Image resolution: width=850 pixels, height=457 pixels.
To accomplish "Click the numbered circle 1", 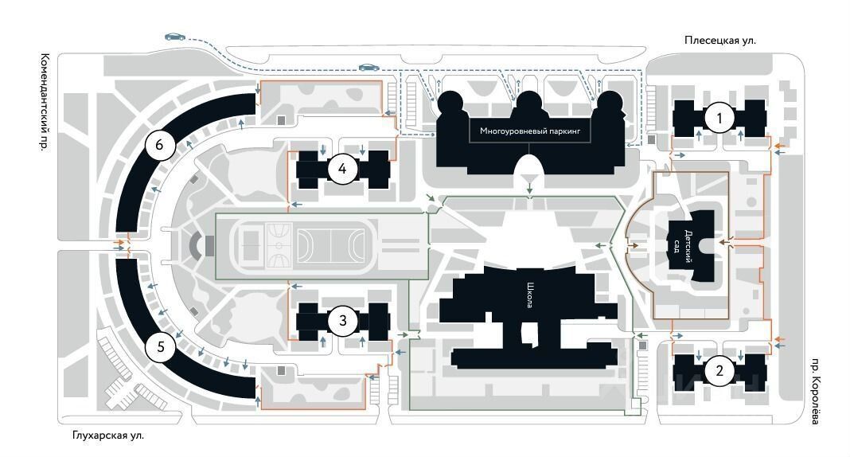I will tap(720, 119).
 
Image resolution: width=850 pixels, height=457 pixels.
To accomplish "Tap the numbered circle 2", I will tap(720, 369).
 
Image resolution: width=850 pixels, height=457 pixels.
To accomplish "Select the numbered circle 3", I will tap(343, 321).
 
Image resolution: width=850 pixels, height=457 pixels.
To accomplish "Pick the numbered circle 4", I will tap(342, 169).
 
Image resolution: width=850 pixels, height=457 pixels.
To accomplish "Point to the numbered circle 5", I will tap(161, 347).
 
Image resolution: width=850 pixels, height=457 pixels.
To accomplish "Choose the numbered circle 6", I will tap(160, 145).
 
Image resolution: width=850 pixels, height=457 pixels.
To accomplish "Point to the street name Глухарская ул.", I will tap(107, 436).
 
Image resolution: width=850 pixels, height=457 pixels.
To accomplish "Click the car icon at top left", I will tap(175, 37).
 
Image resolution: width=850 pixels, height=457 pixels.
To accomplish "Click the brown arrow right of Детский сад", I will tap(723, 240).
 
